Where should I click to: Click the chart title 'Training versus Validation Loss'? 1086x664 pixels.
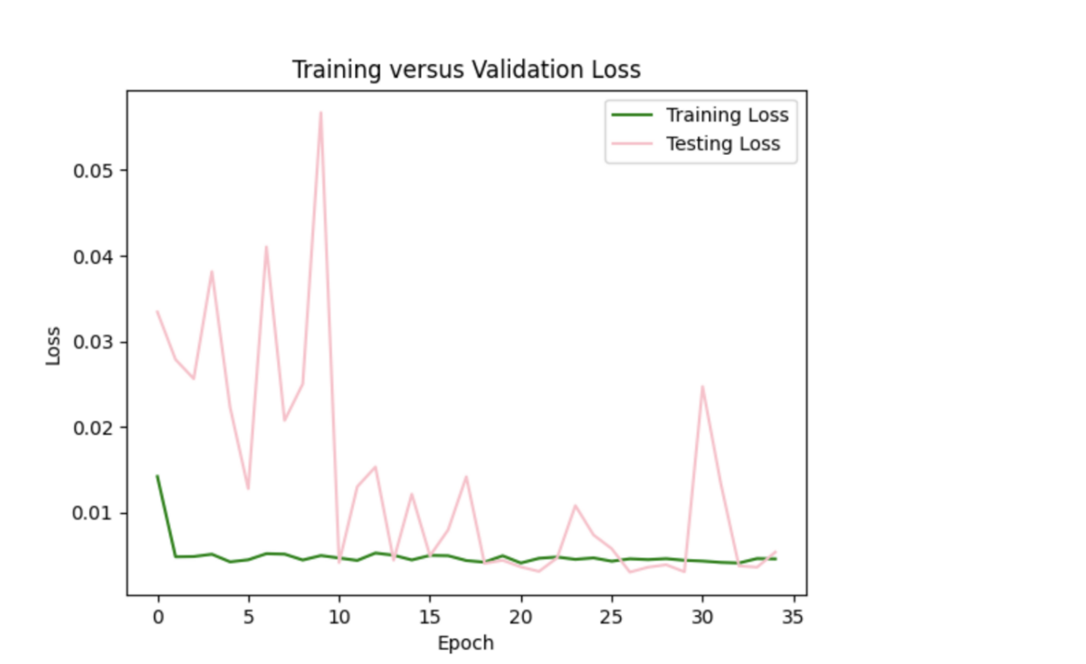466,70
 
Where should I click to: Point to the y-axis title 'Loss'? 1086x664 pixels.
53,345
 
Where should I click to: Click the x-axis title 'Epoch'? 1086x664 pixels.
466,643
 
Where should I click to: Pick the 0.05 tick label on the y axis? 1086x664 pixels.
97,171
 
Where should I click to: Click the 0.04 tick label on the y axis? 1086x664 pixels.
97,257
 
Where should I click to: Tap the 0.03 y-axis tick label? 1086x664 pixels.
97,342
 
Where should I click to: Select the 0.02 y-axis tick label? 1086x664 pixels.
97,428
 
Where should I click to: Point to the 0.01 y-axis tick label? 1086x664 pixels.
97,513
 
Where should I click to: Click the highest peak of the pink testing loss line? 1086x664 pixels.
320,112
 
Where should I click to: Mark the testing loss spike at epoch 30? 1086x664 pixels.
702,386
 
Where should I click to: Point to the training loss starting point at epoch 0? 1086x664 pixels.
157,476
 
